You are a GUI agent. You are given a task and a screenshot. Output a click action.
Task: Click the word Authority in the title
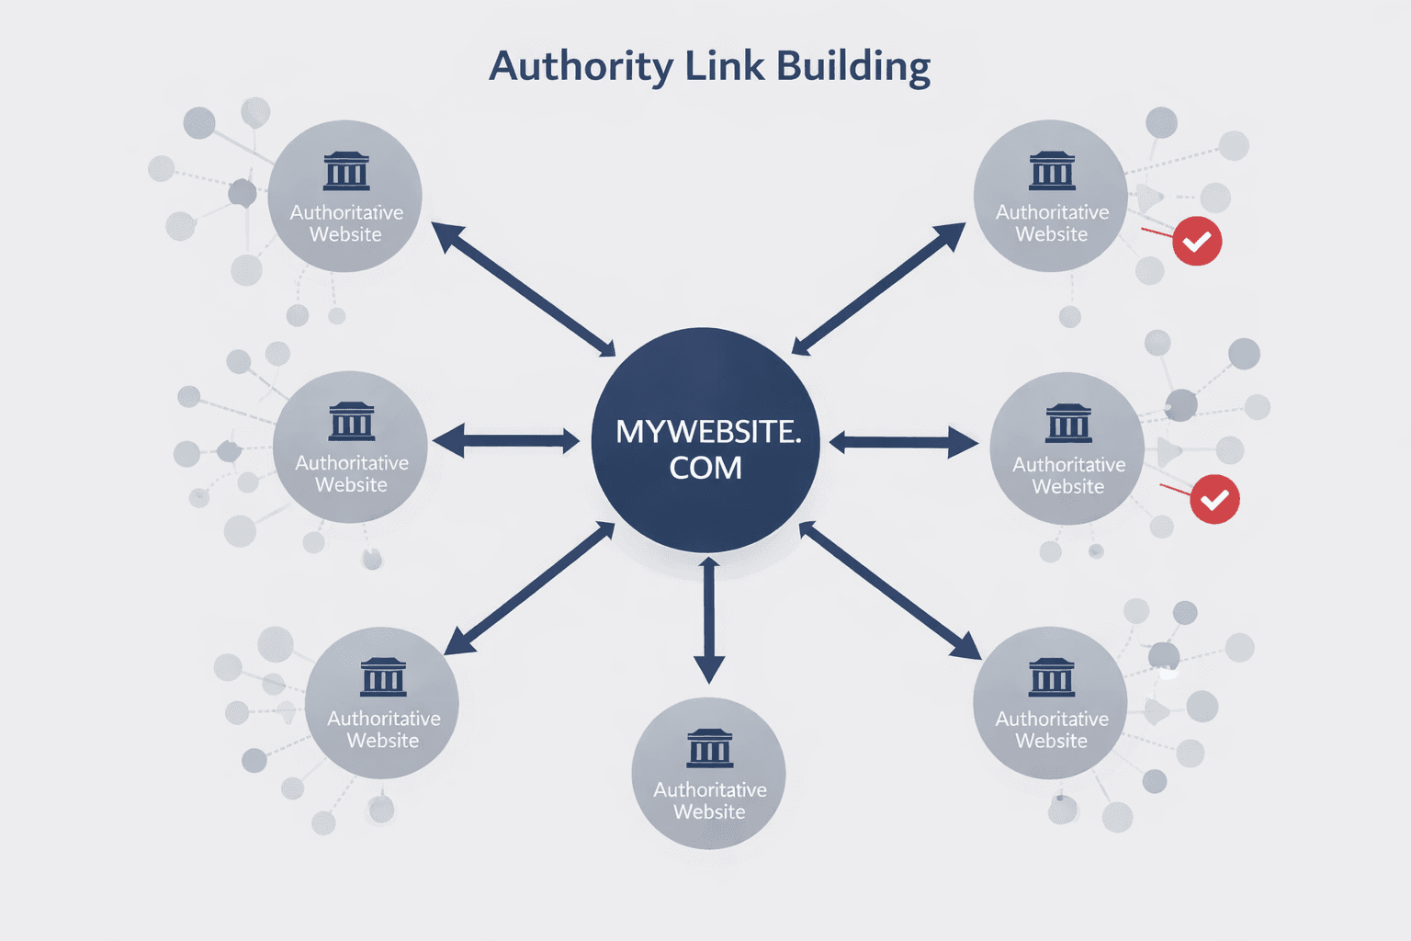(x=581, y=67)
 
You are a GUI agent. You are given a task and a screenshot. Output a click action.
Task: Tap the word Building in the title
(x=853, y=67)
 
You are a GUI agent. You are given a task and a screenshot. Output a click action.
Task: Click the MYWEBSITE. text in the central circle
(x=708, y=432)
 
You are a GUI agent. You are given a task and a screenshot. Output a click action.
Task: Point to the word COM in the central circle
(x=705, y=468)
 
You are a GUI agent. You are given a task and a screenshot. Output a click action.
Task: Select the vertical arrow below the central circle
(x=708, y=619)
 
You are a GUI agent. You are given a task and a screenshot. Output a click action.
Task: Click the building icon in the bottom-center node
(x=710, y=748)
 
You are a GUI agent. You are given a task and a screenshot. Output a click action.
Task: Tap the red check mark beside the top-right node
(x=1197, y=242)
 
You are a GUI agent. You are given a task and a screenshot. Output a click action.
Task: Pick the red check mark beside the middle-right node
(x=1214, y=499)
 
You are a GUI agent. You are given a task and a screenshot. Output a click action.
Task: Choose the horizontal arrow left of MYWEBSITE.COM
(x=506, y=441)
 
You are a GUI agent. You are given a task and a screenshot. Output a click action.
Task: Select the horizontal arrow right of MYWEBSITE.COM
(x=904, y=443)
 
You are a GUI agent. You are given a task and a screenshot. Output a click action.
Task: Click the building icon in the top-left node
(x=346, y=171)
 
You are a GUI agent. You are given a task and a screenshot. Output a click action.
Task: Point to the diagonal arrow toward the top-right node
(x=878, y=289)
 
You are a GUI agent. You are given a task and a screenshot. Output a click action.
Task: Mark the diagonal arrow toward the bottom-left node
(x=530, y=588)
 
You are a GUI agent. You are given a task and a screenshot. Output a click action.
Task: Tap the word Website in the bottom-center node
(x=709, y=811)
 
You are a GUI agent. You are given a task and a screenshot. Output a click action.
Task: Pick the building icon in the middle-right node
(x=1068, y=424)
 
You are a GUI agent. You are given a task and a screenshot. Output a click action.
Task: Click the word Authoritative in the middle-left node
(x=352, y=463)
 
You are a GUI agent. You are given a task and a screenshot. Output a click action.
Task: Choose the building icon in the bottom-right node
(x=1052, y=677)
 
